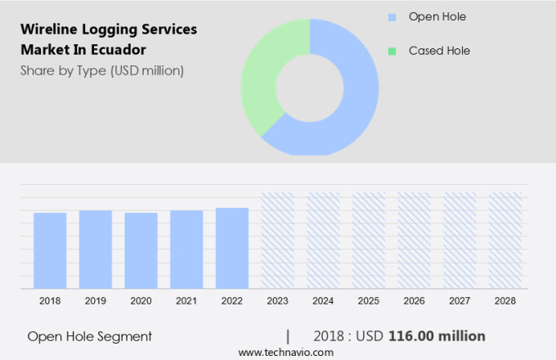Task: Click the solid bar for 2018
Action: click(50, 250)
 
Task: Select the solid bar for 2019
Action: click(96, 250)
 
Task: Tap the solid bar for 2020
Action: click(141, 250)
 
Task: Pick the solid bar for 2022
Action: click(232, 248)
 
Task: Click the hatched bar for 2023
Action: click(277, 241)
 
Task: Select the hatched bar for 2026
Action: click(414, 241)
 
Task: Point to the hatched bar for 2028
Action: click(504, 241)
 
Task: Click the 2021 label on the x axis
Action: click(186, 301)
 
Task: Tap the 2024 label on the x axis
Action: click(323, 301)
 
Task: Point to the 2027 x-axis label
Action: click(460, 301)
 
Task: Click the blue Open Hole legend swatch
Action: click(392, 17)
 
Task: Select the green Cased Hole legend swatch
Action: click(392, 51)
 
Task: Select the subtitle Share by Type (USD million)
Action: click(102, 70)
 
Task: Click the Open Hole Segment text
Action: click(89, 336)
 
